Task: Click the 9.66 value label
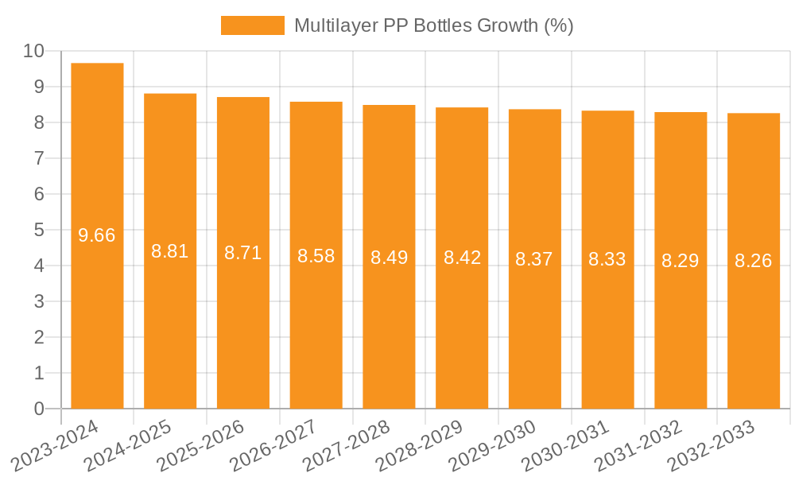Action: pos(97,235)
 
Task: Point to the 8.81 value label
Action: pos(170,251)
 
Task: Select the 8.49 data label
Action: pos(389,258)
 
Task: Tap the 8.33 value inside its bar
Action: pos(607,259)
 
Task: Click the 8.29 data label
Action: pos(681,260)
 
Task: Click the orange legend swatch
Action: pos(252,25)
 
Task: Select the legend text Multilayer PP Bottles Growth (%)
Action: pos(433,25)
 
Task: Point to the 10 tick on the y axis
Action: pos(33,51)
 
